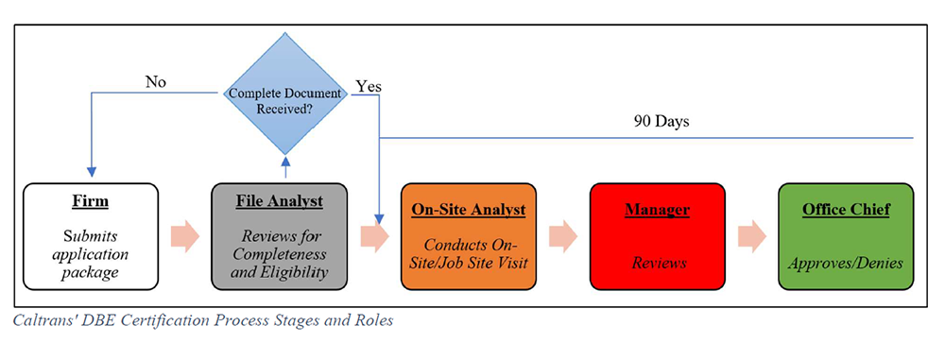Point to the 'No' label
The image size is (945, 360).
click(x=156, y=82)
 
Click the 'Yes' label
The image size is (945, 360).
click(x=369, y=86)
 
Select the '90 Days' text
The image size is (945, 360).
click(x=661, y=123)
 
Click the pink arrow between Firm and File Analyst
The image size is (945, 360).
click(x=186, y=236)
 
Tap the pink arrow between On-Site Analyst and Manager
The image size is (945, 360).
click(x=563, y=236)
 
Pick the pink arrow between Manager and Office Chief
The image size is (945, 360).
click(x=751, y=236)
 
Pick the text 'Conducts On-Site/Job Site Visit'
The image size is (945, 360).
click(x=469, y=254)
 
